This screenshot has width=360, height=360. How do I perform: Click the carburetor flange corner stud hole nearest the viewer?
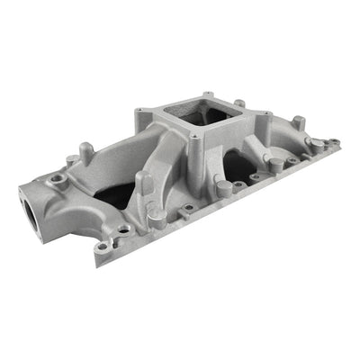point(194,139)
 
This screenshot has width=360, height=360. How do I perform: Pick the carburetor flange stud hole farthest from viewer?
point(208,94)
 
